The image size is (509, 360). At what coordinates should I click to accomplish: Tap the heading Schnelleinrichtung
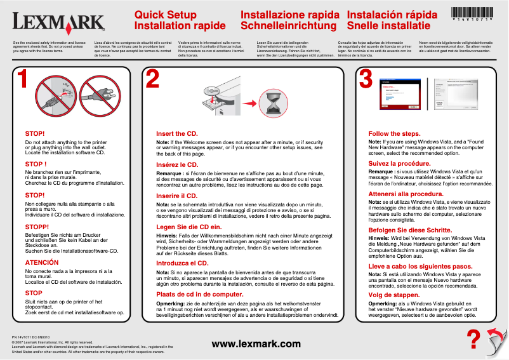pyautogui.click(x=289, y=26)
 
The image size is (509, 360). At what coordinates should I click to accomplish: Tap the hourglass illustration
pyautogui.click(x=277, y=102)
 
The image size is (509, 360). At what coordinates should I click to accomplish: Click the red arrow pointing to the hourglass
pyautogui.click(x=251, y=102)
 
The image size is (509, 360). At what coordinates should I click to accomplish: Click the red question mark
pyautogui.click(x=472, y=339)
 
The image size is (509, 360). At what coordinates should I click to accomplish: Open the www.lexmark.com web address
pyautogui.click(x=256, y=344)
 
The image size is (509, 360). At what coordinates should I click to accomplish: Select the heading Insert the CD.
pyautogui.click(x=177, y=134)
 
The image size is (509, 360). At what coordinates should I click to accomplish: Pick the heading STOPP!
pyautogui.click(x=37, y=227)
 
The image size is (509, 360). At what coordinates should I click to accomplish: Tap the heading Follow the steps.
pyautogui.click(x=394, y=134)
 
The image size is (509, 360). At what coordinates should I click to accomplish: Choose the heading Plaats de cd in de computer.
pyautogui.click(x=200, y=295)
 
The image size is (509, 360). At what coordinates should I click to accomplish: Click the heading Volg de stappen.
pyautogui.click(x=394, y=295)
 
